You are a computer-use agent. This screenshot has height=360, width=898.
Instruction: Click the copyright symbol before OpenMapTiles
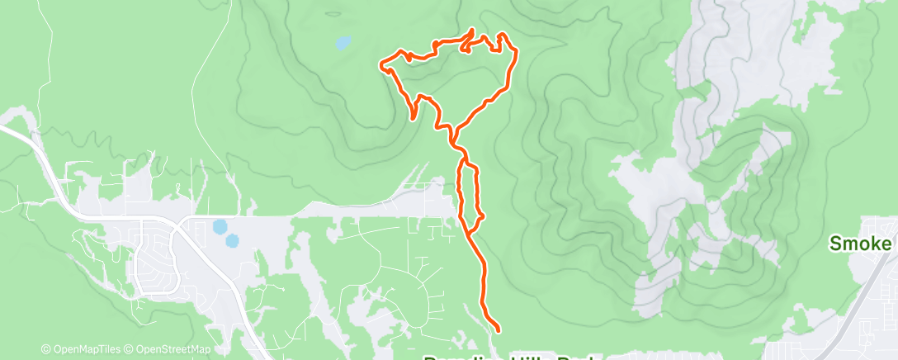pos(45,349)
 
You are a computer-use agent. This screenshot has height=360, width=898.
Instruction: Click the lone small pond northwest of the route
pos(342,41)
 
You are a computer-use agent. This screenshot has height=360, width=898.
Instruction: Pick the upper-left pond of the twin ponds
pos(219,226)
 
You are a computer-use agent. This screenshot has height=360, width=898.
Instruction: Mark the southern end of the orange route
pos(499,329)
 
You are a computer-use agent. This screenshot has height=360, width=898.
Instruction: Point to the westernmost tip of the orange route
pos(380,65)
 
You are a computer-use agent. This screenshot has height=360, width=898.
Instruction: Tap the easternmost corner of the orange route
pos(517,52)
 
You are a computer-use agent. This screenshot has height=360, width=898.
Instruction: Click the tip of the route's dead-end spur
pos(412,118)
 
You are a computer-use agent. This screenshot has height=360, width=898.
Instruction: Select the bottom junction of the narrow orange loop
pos(469,232)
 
